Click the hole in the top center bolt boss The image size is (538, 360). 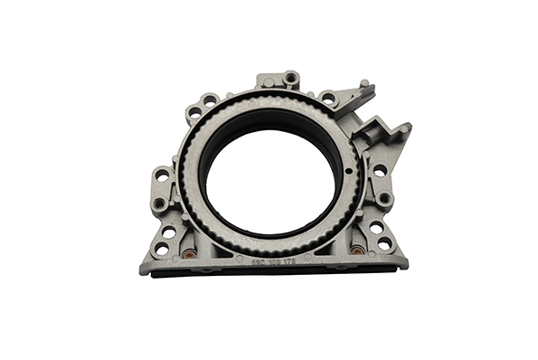(291, 78)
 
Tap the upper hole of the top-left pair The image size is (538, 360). (210, 99)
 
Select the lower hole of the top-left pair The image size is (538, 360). (194, 112)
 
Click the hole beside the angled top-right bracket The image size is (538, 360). (328, 97)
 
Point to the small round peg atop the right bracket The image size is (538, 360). (363, 84)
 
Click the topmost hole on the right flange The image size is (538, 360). (380, 169)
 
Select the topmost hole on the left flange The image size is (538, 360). (162, 175)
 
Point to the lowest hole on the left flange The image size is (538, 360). (162, 247)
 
